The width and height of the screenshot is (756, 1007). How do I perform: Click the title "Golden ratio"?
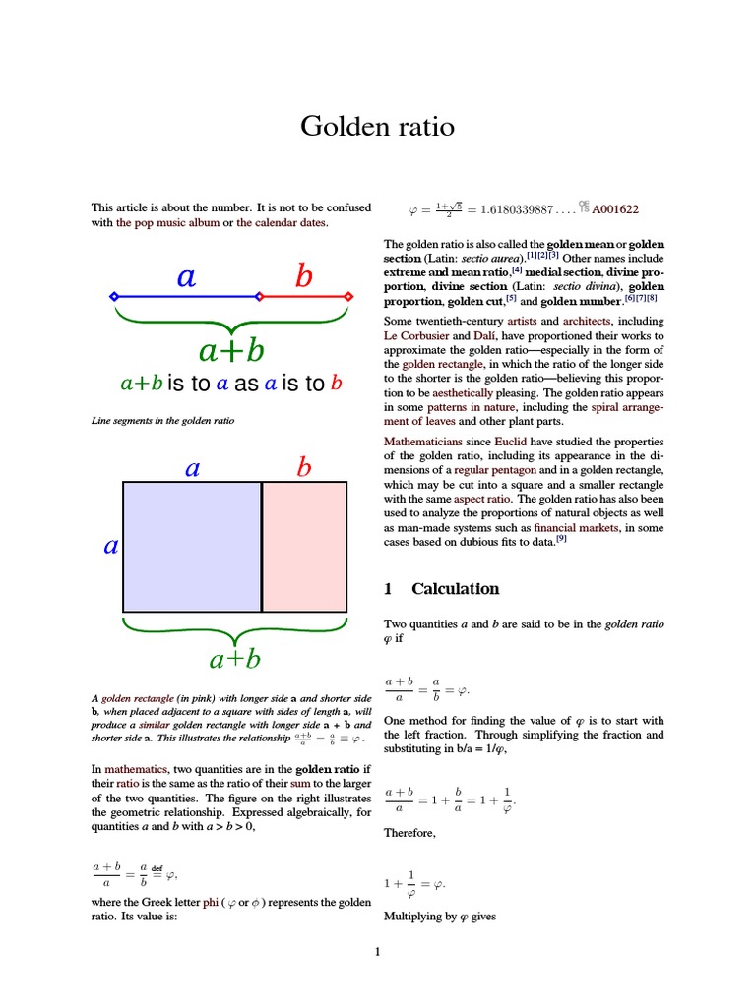click(x=378, y=127)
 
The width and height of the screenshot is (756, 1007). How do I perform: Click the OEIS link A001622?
click(x=615, y=209)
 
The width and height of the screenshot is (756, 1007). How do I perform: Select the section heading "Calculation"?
click(x=455, y=589)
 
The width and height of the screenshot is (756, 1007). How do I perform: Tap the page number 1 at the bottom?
click(x=377, y=952)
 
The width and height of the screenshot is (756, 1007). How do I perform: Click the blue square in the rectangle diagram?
click(x=192, y=547)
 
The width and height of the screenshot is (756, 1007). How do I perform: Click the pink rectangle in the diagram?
click(x=304, y=547)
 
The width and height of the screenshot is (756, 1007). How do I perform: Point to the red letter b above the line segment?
click(x=303, y=278)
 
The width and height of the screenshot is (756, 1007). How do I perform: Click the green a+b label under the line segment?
click(x=231, y=349)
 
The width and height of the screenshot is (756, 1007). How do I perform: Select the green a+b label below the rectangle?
click(x=233, y=658)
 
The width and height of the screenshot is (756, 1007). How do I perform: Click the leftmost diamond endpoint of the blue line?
click(x=114, y=295)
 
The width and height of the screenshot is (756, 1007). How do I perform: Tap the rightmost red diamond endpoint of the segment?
click(x=348, y=295)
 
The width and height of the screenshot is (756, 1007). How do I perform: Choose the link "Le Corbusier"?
click(x=417, y=335)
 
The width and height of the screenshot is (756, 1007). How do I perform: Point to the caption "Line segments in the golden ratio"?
click(x=162, y=422)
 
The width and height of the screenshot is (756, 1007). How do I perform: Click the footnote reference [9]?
click(x=561, y=539)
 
